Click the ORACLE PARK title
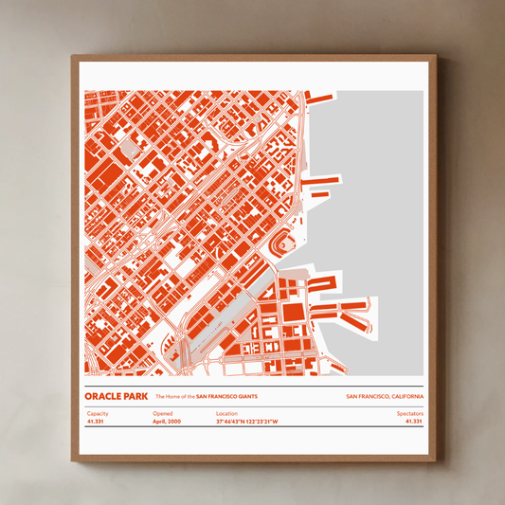[x=115, y=396]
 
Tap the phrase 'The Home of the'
[x=174, y=396]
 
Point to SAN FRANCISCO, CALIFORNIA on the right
[x=385, y=396]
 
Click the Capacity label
[x=98, y=414]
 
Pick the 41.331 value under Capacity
[x=95, y=422]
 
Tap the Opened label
[x=163, y=414]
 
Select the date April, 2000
[x=167, y=422]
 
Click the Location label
[x=226, y=414]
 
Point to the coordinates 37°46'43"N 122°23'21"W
[x=246, y=422]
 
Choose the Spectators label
[x=410, y=414]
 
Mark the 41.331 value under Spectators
[x=414, y=422]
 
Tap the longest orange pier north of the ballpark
[x=320, y=178]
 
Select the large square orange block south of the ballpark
[x=294, y=312]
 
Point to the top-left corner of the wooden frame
[x=73, y=57]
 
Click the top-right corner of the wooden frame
[x=436, y=57]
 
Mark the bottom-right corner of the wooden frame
[x=436, y=460]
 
